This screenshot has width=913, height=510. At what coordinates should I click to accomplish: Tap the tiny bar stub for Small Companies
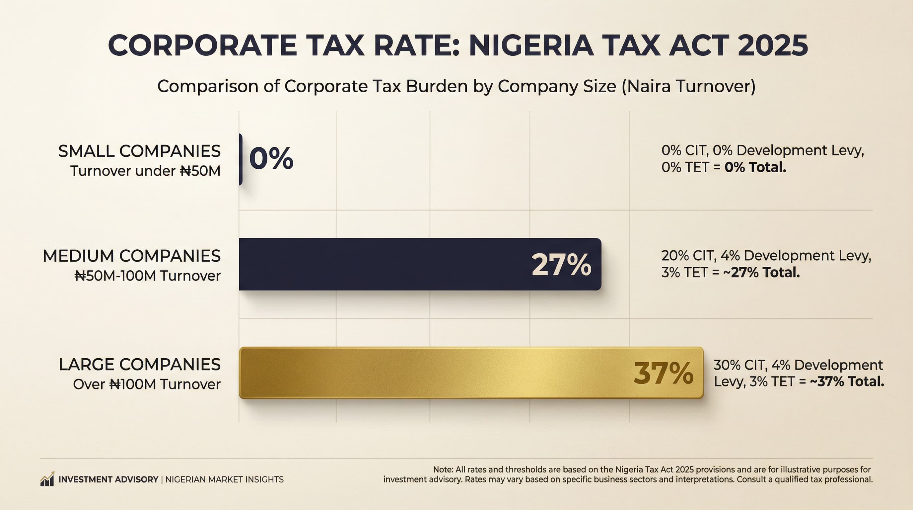[x=241, y=159]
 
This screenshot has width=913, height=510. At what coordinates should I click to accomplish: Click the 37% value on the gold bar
[x=663, y=374]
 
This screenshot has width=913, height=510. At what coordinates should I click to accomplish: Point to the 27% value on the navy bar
[x=561, y=265]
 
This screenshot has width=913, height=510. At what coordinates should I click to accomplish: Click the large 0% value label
[x=271, y=158]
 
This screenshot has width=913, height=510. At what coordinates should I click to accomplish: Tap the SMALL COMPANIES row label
[x=139, y=151]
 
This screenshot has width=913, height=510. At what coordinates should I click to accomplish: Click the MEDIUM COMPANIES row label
[x=131, y=256]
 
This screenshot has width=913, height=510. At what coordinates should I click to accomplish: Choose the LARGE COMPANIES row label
[x=140, y=365]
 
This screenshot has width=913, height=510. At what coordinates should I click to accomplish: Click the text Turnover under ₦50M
[x=145, y=171]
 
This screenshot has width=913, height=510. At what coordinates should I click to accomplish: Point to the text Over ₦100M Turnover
[x=147, y=384]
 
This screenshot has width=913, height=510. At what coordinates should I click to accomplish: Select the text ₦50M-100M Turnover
[x=147, y=276]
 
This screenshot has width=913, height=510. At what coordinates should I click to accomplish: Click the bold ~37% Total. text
[x=847, y=382]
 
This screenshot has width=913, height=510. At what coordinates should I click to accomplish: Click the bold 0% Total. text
[x=755, y=167]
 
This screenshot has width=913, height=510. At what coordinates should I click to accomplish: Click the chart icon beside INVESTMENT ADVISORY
[x=47, y=479]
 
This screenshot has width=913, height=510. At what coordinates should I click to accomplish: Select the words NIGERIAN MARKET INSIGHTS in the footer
[x=224, y=479]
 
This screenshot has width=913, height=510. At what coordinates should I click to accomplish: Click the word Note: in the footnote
[x=443, y=469]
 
